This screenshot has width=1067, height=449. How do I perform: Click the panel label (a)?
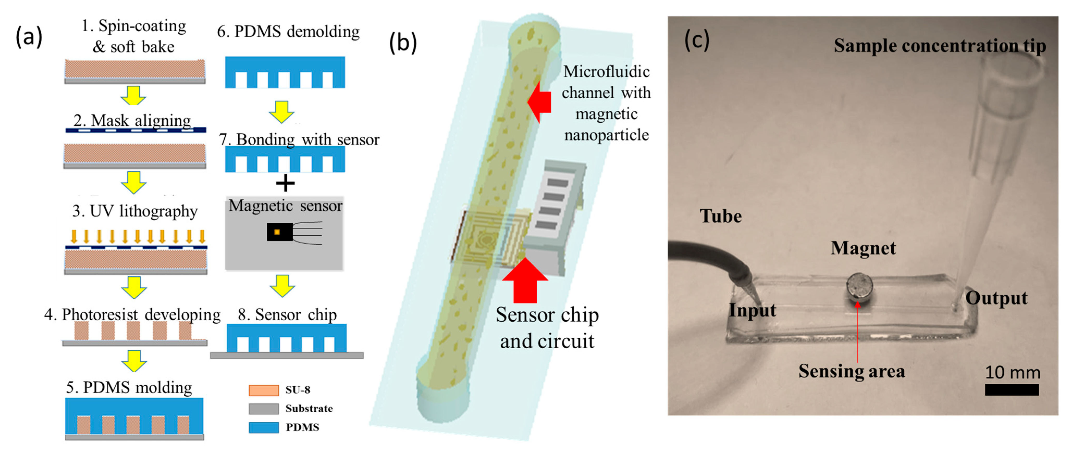(29, 37)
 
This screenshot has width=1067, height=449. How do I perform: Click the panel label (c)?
(697, 40)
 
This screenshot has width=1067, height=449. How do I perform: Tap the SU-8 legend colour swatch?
(263, 390)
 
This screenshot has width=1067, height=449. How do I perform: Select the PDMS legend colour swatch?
(263, 427)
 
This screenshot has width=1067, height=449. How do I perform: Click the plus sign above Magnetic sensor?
(285, 183)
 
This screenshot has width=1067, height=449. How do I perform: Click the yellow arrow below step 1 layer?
(133, 95)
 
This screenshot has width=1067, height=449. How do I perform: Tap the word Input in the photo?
(752, 310)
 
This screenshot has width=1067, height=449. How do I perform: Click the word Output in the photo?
(996, 298)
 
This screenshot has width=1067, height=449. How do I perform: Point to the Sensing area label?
(851, 371)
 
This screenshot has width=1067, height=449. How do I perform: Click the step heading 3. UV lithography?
(135, 211)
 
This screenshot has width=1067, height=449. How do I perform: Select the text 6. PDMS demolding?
(288, 31)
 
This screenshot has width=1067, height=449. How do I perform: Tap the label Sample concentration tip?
(939, 46)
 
